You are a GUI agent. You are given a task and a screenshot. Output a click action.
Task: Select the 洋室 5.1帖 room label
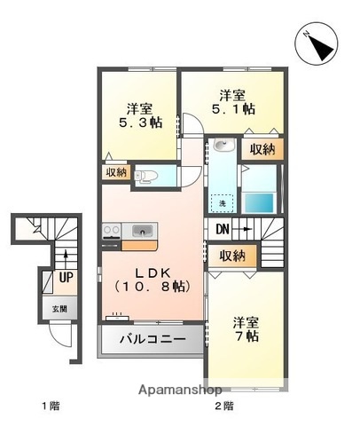(232, 102)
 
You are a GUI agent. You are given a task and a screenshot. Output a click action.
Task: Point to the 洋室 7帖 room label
(246, 330)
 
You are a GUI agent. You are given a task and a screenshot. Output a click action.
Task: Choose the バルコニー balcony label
(153, 340)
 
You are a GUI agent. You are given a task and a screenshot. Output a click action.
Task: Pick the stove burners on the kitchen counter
(113, 233)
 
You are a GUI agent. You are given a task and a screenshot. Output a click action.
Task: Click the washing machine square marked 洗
(222, 202)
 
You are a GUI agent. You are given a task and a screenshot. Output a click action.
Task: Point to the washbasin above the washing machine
(223, 147)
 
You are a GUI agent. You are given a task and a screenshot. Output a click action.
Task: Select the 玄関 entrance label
(58, 309)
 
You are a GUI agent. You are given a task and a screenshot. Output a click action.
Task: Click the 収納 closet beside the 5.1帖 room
(262, 149)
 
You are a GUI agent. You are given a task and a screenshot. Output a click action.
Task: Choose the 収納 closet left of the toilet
(115, 172)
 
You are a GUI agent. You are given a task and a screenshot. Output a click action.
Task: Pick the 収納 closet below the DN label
(233, 256)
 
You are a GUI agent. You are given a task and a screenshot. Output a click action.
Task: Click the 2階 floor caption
(223, 406)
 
